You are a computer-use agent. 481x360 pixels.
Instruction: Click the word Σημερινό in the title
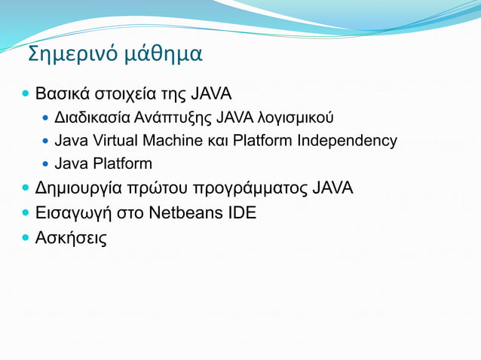tap(63, 55)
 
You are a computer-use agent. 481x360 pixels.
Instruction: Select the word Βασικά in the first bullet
tap(62, 95)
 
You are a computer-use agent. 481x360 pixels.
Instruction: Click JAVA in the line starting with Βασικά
tap(210, 95)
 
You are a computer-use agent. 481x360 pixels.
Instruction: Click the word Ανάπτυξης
tap(173, 118)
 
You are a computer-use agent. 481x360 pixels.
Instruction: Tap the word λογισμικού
tap(296, 118)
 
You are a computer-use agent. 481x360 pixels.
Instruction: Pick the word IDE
tap(241, 213)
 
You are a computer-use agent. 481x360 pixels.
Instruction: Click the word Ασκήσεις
tap(71, 239)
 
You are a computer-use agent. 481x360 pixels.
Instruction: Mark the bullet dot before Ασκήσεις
tap(26, 239)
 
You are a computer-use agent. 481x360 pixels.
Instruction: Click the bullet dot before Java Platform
tap(46, 164)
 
